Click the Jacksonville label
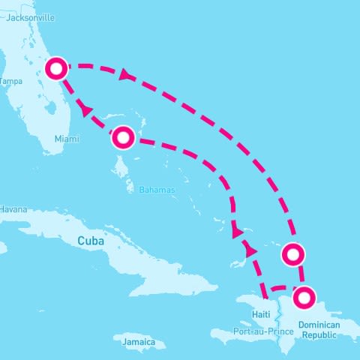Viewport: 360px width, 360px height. [31, 16]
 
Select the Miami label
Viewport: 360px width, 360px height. [66, 139]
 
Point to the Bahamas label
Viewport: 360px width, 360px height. [157, 190]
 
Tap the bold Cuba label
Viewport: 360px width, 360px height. [91, 241]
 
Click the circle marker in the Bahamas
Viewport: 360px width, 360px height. [123, 138]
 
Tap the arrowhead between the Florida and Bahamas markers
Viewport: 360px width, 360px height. [86, 110]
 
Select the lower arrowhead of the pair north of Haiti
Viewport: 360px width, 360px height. [251, 251]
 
